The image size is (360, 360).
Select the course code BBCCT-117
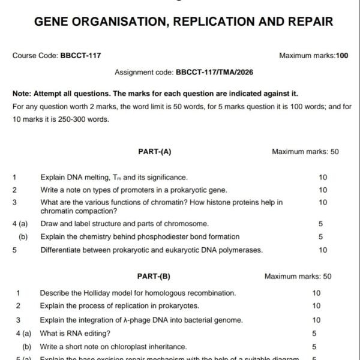pos(80,56)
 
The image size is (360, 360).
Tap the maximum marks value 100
pos(342,56)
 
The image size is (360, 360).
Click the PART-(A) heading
pos(155,152)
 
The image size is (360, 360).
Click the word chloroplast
pos(129,346)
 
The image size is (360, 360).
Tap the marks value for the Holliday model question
pos(316,293)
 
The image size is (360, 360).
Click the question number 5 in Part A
pos(14,250)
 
